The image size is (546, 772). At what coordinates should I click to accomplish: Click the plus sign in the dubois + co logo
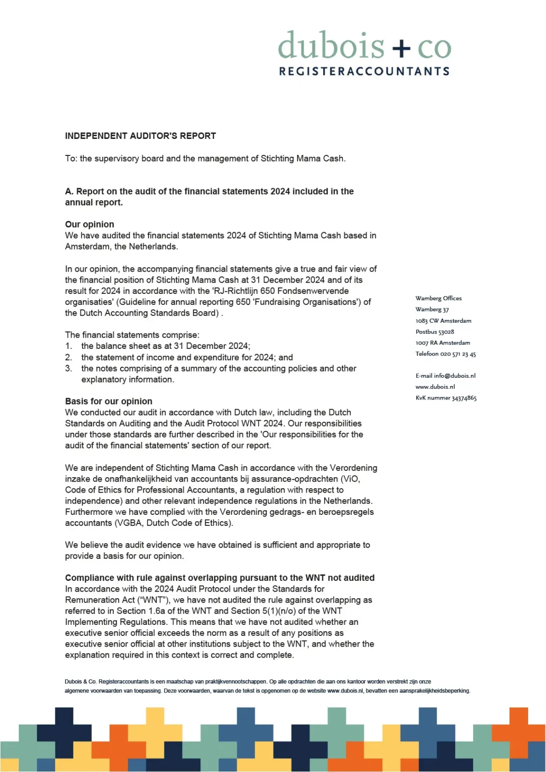[x=401, y=48]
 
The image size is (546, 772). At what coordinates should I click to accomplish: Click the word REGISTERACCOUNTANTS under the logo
[x=364, y=71]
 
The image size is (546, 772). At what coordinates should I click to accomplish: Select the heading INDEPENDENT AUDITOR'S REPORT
[x=140, y=136]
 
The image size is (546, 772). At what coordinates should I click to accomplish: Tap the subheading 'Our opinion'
[x=90, y=224]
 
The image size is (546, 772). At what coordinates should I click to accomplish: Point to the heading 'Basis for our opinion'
[x=109, y=401]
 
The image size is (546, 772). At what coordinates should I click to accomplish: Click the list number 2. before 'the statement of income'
[x=68, y=358]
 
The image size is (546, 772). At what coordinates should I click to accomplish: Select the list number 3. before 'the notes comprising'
[x=68, y=369]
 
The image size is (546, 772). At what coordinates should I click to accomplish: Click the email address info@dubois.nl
[x=454, y=376]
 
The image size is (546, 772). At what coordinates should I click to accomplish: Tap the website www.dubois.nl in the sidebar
[x=435, y=387]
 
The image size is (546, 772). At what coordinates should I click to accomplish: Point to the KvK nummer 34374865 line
[x=446, y=398]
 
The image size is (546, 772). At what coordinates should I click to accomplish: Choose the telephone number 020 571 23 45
[x=458, y=354]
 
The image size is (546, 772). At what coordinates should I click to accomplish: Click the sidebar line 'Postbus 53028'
[x=435, y=332]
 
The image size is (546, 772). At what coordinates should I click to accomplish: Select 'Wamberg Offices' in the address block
[x=438, y=299]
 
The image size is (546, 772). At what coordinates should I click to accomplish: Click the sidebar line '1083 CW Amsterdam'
[x=443, y=321]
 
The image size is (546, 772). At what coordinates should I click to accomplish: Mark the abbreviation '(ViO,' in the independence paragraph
[x=350, y=479]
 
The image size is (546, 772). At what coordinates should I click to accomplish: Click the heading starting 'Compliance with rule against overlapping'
[x=219, y=578]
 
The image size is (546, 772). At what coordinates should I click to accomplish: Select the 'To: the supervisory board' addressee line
[x=205, y=159]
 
